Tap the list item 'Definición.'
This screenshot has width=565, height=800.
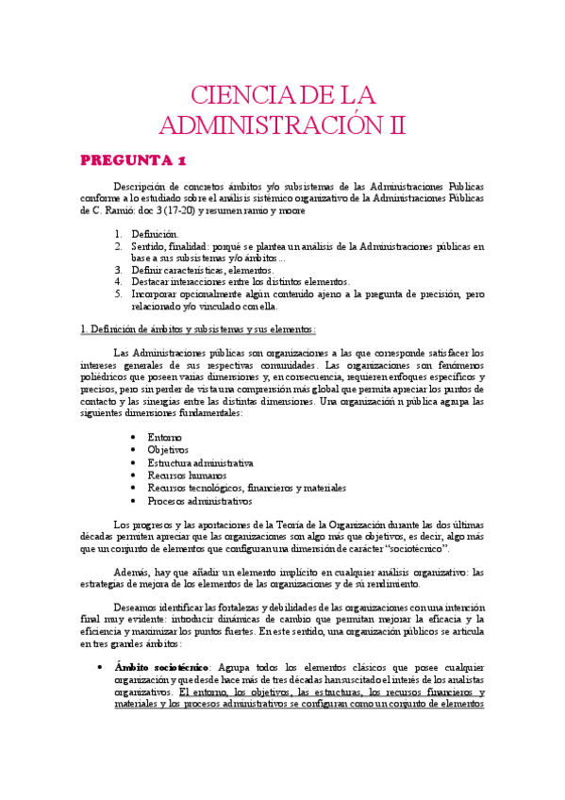click(155, 233)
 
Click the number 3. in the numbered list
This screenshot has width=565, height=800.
click(118, 269)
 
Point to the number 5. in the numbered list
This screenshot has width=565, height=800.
click(118, 293)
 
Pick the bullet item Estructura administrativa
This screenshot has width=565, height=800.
click(200, 463)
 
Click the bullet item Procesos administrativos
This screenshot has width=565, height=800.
click(200, 501)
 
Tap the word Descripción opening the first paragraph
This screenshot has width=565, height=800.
click(140, 186)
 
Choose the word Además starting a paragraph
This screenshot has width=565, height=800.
click(132, 572)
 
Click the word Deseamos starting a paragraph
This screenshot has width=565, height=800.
click(136, 608)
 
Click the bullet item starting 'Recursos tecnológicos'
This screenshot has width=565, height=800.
click(246, 488)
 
